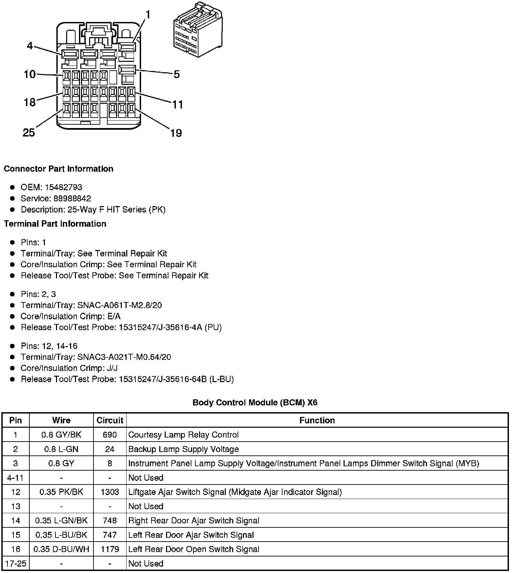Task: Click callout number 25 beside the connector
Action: pos(29,132)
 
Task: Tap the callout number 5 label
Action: pos(177,74)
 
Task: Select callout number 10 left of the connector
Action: pos(30,74)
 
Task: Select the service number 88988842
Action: pos(72,198)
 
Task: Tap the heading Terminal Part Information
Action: pos(55,224)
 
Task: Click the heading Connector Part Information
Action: pos(58,169)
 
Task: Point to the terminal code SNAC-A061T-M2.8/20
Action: pos(119,305)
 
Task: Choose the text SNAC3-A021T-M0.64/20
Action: pos(124,357)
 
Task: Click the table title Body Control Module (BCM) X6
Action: pos(255,402)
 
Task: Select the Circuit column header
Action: pos(110,420)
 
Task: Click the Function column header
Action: pos(317,420)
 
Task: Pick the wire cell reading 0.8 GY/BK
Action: pos(61,435)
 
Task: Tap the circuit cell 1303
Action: pos(110,492)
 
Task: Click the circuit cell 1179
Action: pos(110,549)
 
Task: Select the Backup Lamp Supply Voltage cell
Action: pos(184,449)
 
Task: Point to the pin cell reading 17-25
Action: pos(16,563)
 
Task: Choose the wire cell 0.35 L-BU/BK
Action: pos(61,535)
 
